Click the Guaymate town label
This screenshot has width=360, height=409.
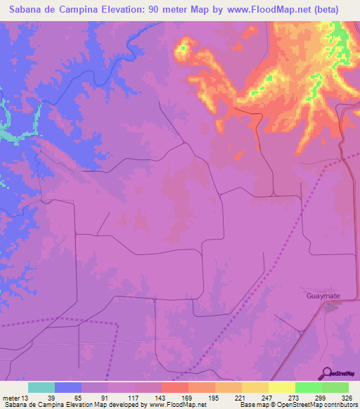pyautogui.click(x=323, y=297)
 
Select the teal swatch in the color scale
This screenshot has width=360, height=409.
pyautogui.click(x=41, y=387)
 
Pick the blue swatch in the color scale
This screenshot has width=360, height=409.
pyautogui.click(x=68, y=387)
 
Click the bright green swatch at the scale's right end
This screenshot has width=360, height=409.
pyautogui.click(x=335, y=387)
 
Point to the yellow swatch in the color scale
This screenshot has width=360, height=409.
pyautogui.click(x=282, y=387)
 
